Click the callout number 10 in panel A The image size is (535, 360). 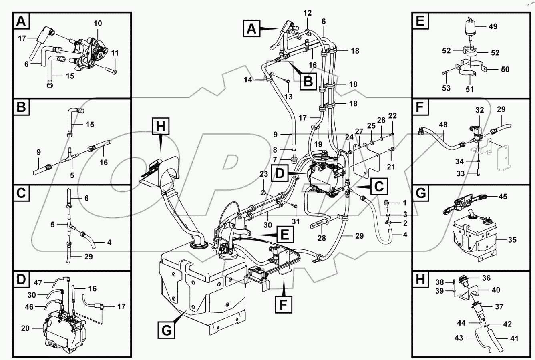pos(98,24)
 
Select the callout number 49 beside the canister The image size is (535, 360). pos(493,26)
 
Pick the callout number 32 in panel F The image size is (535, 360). pos(480,110)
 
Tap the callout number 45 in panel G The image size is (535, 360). pos(503,196)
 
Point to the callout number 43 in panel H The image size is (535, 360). pos(459,338)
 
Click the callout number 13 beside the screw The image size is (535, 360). pos(288,97)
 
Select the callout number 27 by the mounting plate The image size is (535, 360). pos(359,132)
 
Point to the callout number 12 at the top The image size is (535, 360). pos(307,13)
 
